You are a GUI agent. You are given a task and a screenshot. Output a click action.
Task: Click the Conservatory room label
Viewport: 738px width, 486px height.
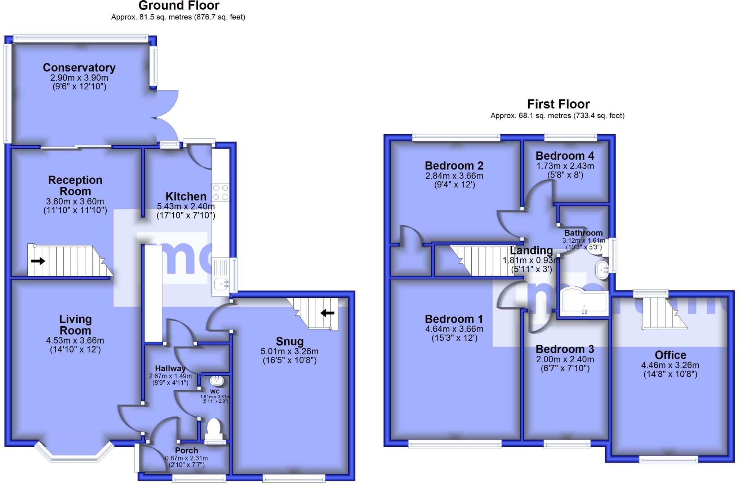(x=79, y=67)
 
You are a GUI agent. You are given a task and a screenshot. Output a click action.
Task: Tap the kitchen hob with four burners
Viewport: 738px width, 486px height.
(x=221, y=193)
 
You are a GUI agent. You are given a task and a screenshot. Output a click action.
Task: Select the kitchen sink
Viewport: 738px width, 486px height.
(x=221, y=284)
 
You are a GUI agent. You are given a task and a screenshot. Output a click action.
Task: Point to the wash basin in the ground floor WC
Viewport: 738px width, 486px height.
(x=217, y=380)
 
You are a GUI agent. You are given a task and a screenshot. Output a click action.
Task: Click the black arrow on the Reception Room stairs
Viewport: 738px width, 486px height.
(x=38, y=261)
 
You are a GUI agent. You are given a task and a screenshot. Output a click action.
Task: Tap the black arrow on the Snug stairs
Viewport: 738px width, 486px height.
(x=328, y=313)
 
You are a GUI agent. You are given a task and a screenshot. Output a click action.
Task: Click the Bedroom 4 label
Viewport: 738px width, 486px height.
(x=565, y=156)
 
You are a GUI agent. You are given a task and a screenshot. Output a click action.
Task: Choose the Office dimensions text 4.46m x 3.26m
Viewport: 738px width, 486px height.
(x=670, y=365)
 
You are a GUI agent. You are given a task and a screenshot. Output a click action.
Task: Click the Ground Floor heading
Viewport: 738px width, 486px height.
(x=179, y=6)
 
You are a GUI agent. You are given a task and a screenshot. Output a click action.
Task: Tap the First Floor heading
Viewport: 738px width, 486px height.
(x=558, y=104)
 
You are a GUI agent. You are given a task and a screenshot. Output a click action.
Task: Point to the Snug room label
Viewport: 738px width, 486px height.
(x=290, y=341)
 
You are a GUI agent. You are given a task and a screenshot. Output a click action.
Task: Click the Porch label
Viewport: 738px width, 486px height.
(x=187, y=450)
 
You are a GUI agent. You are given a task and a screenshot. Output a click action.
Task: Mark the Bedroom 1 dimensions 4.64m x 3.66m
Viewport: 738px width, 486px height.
(x=454, y=329)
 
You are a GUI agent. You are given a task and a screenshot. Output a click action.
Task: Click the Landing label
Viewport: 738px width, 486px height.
(x=531, y=250)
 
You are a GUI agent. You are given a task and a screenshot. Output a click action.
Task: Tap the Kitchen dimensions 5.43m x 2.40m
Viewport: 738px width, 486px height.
(x=186, y=207)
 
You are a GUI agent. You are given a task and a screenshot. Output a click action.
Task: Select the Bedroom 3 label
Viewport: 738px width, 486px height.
(x=565, y=349)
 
